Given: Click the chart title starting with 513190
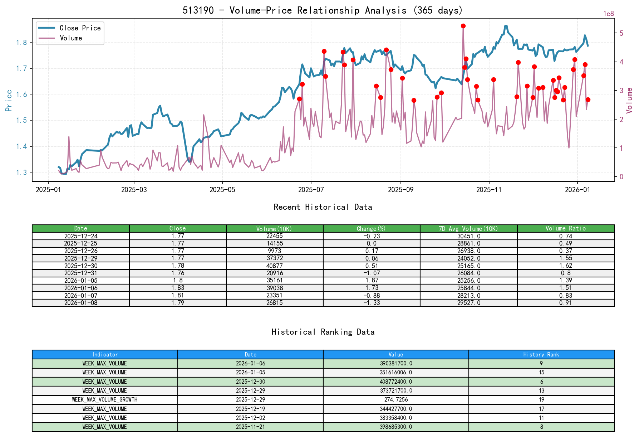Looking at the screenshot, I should pyautogui.click(x=323, y=10).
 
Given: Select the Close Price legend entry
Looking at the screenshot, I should pyautogui.click(x=80, y=28).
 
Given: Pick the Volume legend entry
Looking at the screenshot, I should pyautogui.click(x=71, y=38).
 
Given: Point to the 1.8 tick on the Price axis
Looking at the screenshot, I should pyautogui.click(x=21, y=43).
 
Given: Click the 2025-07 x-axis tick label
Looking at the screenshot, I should pyautogui.click(x=311, y=190).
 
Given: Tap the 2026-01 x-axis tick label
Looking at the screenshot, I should pyautogui.click(x=577, y=190).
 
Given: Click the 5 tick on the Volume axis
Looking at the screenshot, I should pyautogui.click(x=621, y=33).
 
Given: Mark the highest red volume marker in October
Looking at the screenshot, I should pyautogui.click(x=463, y=26).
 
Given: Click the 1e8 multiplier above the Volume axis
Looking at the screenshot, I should pyautogui.click(x=609, y=14).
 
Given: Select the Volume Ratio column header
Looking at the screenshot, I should pyautogui.click(x=565, y=228).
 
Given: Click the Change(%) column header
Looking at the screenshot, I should pyautogui.click(x=371, y=228).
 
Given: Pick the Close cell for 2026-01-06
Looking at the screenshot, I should pyautogui.click(x=178, y=288).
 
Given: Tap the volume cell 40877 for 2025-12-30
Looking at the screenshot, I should pyautogui.click(x=275, y=266).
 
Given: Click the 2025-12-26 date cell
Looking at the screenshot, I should pyautogui.click(x=81, y=251).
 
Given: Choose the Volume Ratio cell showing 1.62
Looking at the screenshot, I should pyautogui.click(x=565, y=266).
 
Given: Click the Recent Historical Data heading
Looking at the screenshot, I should pyautogui.click(x=323, y=207).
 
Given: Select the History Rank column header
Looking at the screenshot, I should pyautogui.click(x=541, y=354).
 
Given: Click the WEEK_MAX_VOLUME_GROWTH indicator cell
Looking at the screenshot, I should pyautogui.click(x=105, y=399).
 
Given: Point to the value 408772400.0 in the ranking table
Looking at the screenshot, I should pyautogui.click(x=396, y=382).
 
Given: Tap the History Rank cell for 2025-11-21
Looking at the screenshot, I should pyautogui.click(x=541, y=427).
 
